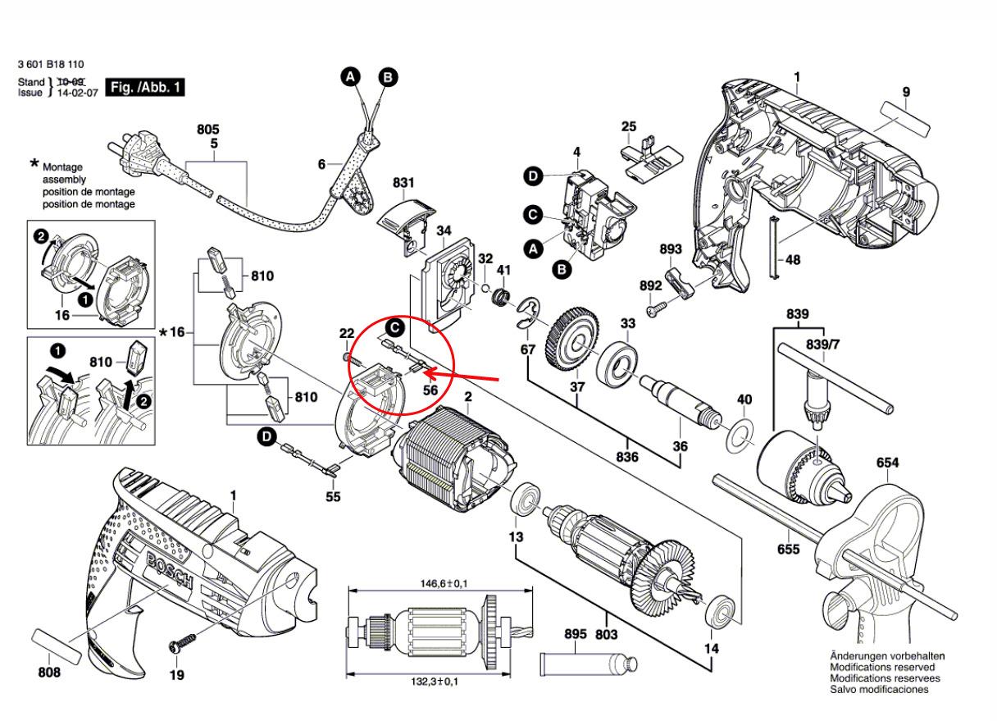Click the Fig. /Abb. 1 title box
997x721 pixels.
145,88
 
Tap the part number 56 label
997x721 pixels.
430,390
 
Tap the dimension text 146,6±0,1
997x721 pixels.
444,583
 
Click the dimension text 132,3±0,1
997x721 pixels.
434,682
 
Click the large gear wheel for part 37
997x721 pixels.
572,339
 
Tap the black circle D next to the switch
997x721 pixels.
533,176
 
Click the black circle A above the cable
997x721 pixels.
351,77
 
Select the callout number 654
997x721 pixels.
887,463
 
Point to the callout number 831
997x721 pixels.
403,183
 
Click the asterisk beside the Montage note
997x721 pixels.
34,164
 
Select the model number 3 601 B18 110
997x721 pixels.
51,65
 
